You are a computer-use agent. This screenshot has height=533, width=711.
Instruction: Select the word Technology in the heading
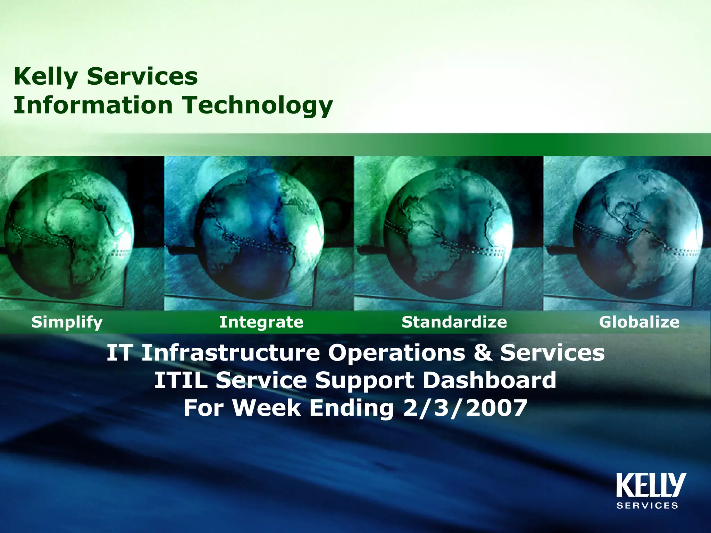pyautogui.click(x=258, y=105)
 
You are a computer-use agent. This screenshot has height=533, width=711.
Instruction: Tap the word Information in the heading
pyautogui.click(x=93, y=105)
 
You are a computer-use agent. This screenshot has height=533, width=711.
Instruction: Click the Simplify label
pyautogui.click(x=67, y=322)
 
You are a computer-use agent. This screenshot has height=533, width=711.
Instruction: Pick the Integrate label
pyautogui.click(x=261, y=322)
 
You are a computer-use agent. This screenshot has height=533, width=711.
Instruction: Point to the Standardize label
pyautogui.click(x=454, y=322)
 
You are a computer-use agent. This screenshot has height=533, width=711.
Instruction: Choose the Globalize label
pyautogui.click(x=639, y=322)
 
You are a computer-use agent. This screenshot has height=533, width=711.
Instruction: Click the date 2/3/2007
pyautogui.click(x=465, y=408)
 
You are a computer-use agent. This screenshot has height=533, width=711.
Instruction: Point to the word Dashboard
pyautogui.click(x=490, y=380)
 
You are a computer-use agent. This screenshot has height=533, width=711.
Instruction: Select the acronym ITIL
pyautogui.click(x=181, y=380)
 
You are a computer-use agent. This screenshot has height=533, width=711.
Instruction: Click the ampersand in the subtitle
pyautogui.click(x=482, y=353)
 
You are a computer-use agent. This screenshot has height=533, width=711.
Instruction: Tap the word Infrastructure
pyautogui.click(x=231, y=353)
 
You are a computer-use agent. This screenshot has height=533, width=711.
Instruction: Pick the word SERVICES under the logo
pyautogui.click(x=647, y=506)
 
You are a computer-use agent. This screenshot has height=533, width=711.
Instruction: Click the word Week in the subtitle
pyautogui.click(x=266, y=408)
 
